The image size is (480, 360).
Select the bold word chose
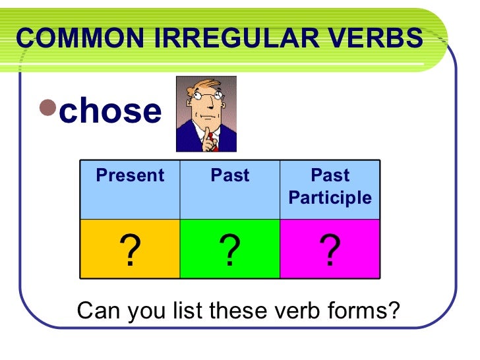[x=110, y=111]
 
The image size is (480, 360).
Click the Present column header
[x=130, y=176]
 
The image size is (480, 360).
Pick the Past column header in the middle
[x=230, y=176]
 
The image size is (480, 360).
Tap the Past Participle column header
[x=330, y=187]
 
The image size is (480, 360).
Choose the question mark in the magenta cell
[x=329, y=251]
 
